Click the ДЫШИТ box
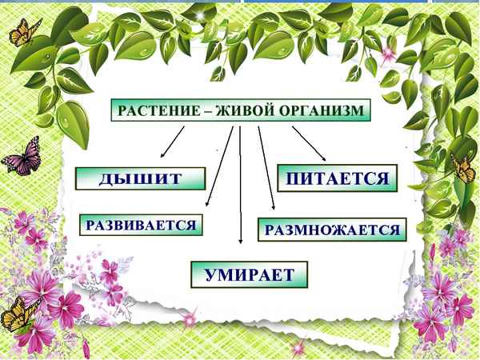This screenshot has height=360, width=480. point(140,179)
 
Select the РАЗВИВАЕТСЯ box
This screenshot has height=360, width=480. point(141,225)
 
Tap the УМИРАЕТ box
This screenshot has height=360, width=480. point(249,274)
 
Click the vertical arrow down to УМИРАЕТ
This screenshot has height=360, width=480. point(241,184)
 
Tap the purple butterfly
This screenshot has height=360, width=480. point(19,155)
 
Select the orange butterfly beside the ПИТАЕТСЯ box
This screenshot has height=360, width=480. point(462,167)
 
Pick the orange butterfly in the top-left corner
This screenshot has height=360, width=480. point(25,32)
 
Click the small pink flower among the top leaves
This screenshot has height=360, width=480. point(389,54)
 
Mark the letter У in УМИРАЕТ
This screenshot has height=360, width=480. point(210,274)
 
